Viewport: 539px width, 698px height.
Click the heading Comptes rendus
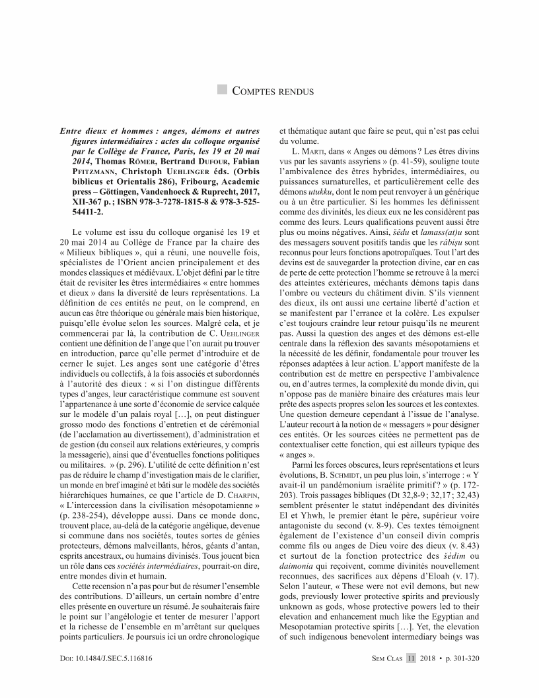[272, 91]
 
